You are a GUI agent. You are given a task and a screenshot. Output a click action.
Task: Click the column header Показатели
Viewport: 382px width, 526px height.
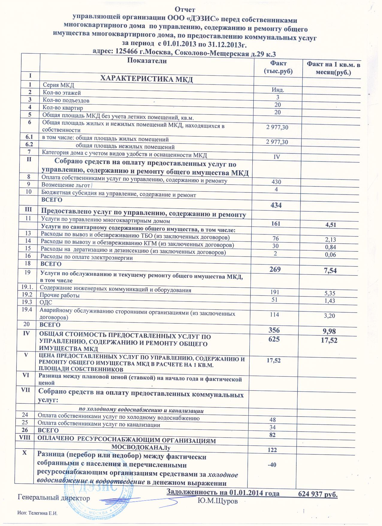tap(147, 61)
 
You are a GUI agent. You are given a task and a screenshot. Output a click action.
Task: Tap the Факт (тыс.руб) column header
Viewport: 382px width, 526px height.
tap(278, 67)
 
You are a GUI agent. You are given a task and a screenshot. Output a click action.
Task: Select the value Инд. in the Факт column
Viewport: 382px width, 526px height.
tap(278, 90)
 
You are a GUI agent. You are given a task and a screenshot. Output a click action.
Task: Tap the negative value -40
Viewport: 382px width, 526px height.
tap(271, 465)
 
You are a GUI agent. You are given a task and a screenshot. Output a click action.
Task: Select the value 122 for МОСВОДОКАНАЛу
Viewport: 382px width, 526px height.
tap(273, 450)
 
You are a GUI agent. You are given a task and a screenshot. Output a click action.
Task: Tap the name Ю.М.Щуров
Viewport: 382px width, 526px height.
tap(218, 501)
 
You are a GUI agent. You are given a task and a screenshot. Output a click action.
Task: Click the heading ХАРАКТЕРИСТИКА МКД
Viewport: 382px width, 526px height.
tap(146, 79)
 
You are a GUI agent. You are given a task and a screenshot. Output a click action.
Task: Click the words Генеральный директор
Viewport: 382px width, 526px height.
tap(54, 498)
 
